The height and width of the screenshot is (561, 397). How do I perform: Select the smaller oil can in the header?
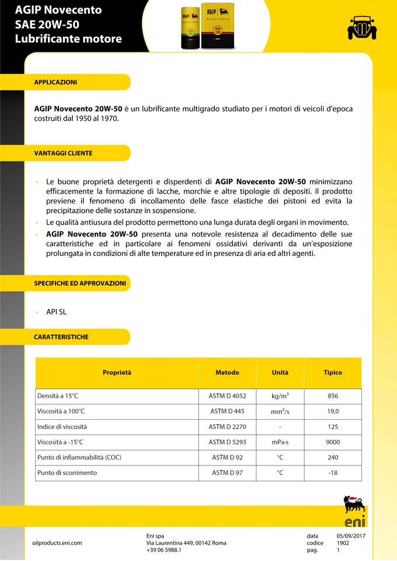191,28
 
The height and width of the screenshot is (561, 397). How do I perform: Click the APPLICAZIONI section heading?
55,82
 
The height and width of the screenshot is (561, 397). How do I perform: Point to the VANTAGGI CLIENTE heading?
63,153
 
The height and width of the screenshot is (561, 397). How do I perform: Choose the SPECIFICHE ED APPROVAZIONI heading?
80,283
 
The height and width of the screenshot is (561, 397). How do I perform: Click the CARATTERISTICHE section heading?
61,337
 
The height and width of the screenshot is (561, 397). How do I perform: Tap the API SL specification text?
56,312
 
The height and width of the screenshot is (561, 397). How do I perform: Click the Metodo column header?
227,373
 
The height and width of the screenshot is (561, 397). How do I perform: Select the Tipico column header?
333,373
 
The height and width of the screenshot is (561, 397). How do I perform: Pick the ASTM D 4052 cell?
227,396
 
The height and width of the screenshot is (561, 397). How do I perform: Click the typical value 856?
333,396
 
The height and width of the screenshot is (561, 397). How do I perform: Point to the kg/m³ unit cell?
280,396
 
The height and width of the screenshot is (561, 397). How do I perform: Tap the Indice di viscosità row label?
62,427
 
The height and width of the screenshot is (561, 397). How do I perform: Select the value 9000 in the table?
333,442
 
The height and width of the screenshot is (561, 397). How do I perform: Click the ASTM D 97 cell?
227,472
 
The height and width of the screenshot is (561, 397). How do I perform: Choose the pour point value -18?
333,472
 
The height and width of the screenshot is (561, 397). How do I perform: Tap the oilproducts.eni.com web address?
57,543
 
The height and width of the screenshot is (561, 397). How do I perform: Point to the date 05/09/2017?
351,536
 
